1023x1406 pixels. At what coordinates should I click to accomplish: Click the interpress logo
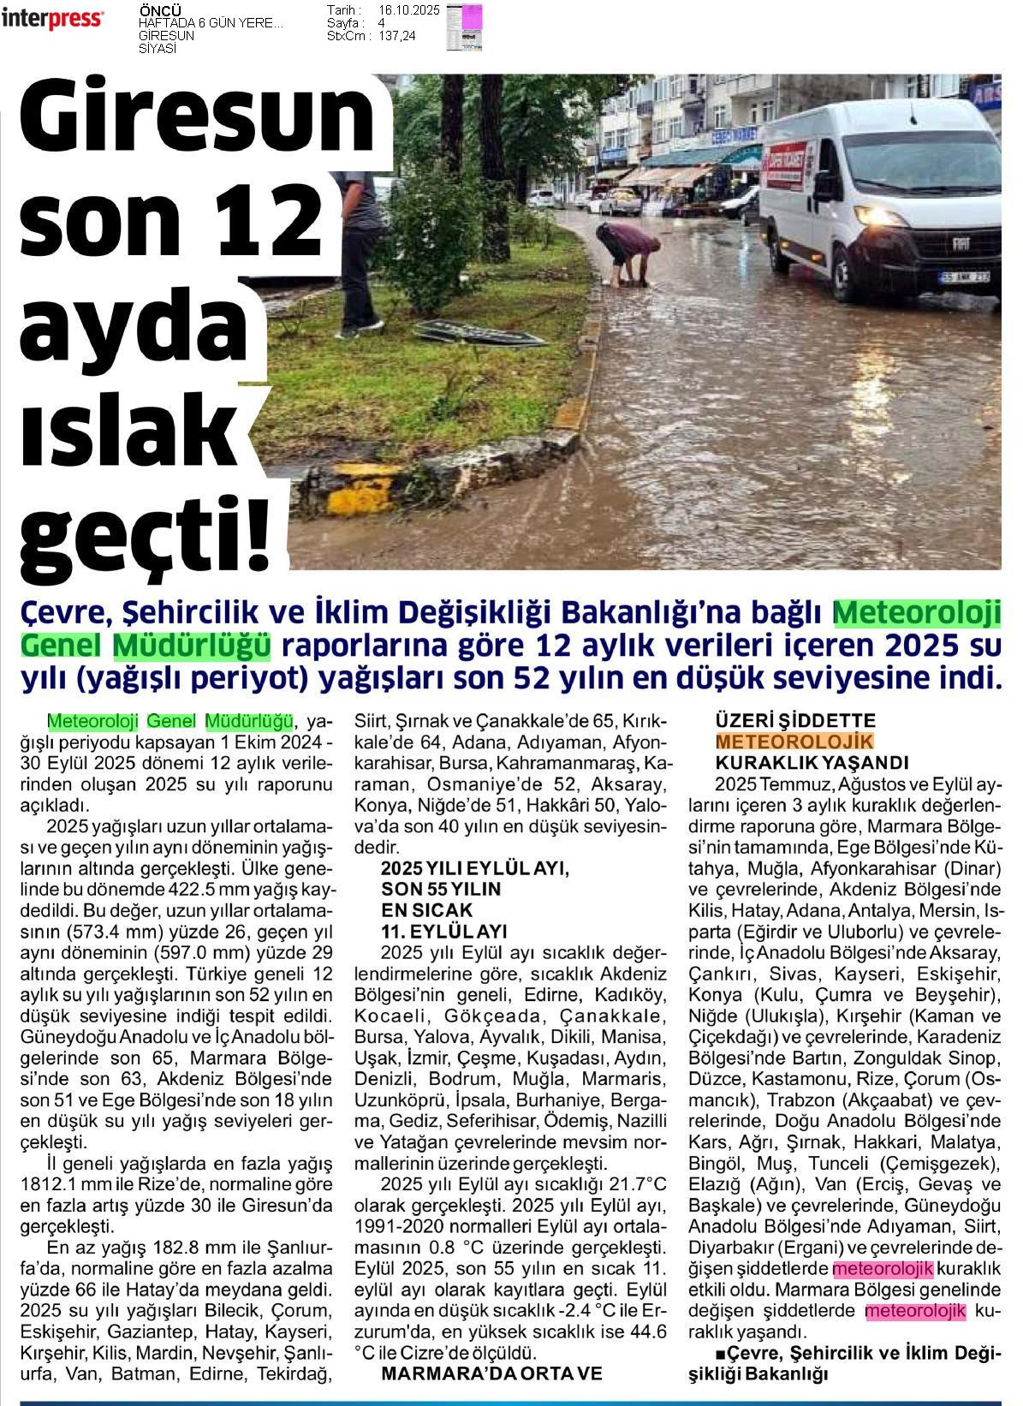click(53, 19)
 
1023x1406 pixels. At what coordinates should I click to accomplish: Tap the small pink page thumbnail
click(464, 26)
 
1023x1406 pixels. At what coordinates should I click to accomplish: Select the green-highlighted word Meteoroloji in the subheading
click(918, 614)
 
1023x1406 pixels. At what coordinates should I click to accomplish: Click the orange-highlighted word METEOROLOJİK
click(794, 742)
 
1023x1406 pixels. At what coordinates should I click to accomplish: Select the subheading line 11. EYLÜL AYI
click(444, 931)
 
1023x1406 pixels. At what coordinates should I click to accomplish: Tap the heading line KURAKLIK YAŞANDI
click(811, 763)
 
